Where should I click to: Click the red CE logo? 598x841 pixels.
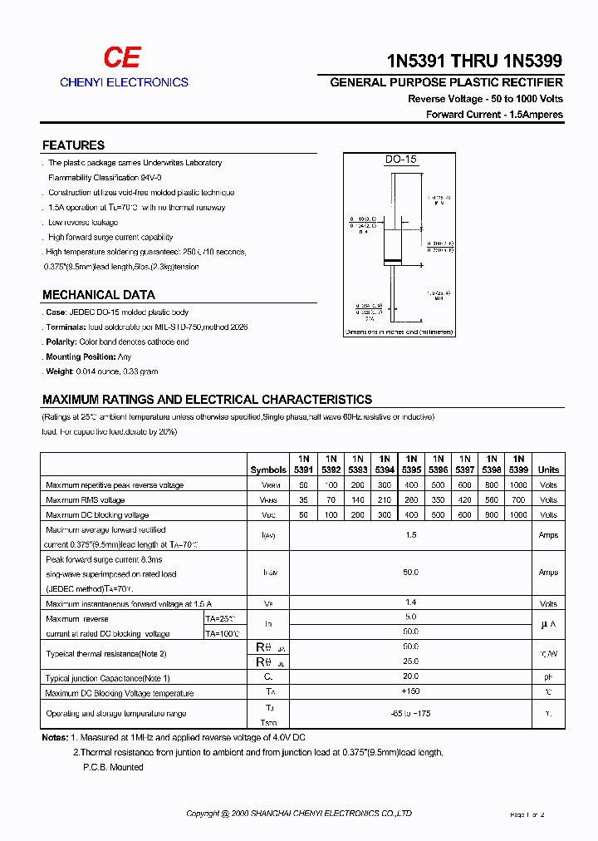121,57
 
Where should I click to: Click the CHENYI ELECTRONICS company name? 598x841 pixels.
124,82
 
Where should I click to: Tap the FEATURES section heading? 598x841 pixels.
73,145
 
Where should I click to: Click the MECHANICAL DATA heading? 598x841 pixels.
98,294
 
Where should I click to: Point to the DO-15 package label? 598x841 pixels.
399,160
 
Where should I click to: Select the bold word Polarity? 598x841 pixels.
61,342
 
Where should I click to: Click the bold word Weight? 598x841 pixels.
60,371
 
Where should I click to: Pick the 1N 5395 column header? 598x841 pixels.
411,464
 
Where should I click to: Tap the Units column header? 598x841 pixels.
548,470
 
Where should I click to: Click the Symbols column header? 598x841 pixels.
268,470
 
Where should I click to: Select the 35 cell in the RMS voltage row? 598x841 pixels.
303,499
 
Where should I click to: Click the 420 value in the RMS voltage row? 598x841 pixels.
465,499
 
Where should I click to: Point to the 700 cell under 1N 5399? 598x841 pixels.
518,499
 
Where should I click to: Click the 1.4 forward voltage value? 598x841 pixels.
411,602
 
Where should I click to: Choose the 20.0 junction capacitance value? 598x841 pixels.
411,676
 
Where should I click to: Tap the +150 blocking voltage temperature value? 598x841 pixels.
411,691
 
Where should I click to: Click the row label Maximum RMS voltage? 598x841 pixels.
86,500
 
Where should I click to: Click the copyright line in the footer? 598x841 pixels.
299,814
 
